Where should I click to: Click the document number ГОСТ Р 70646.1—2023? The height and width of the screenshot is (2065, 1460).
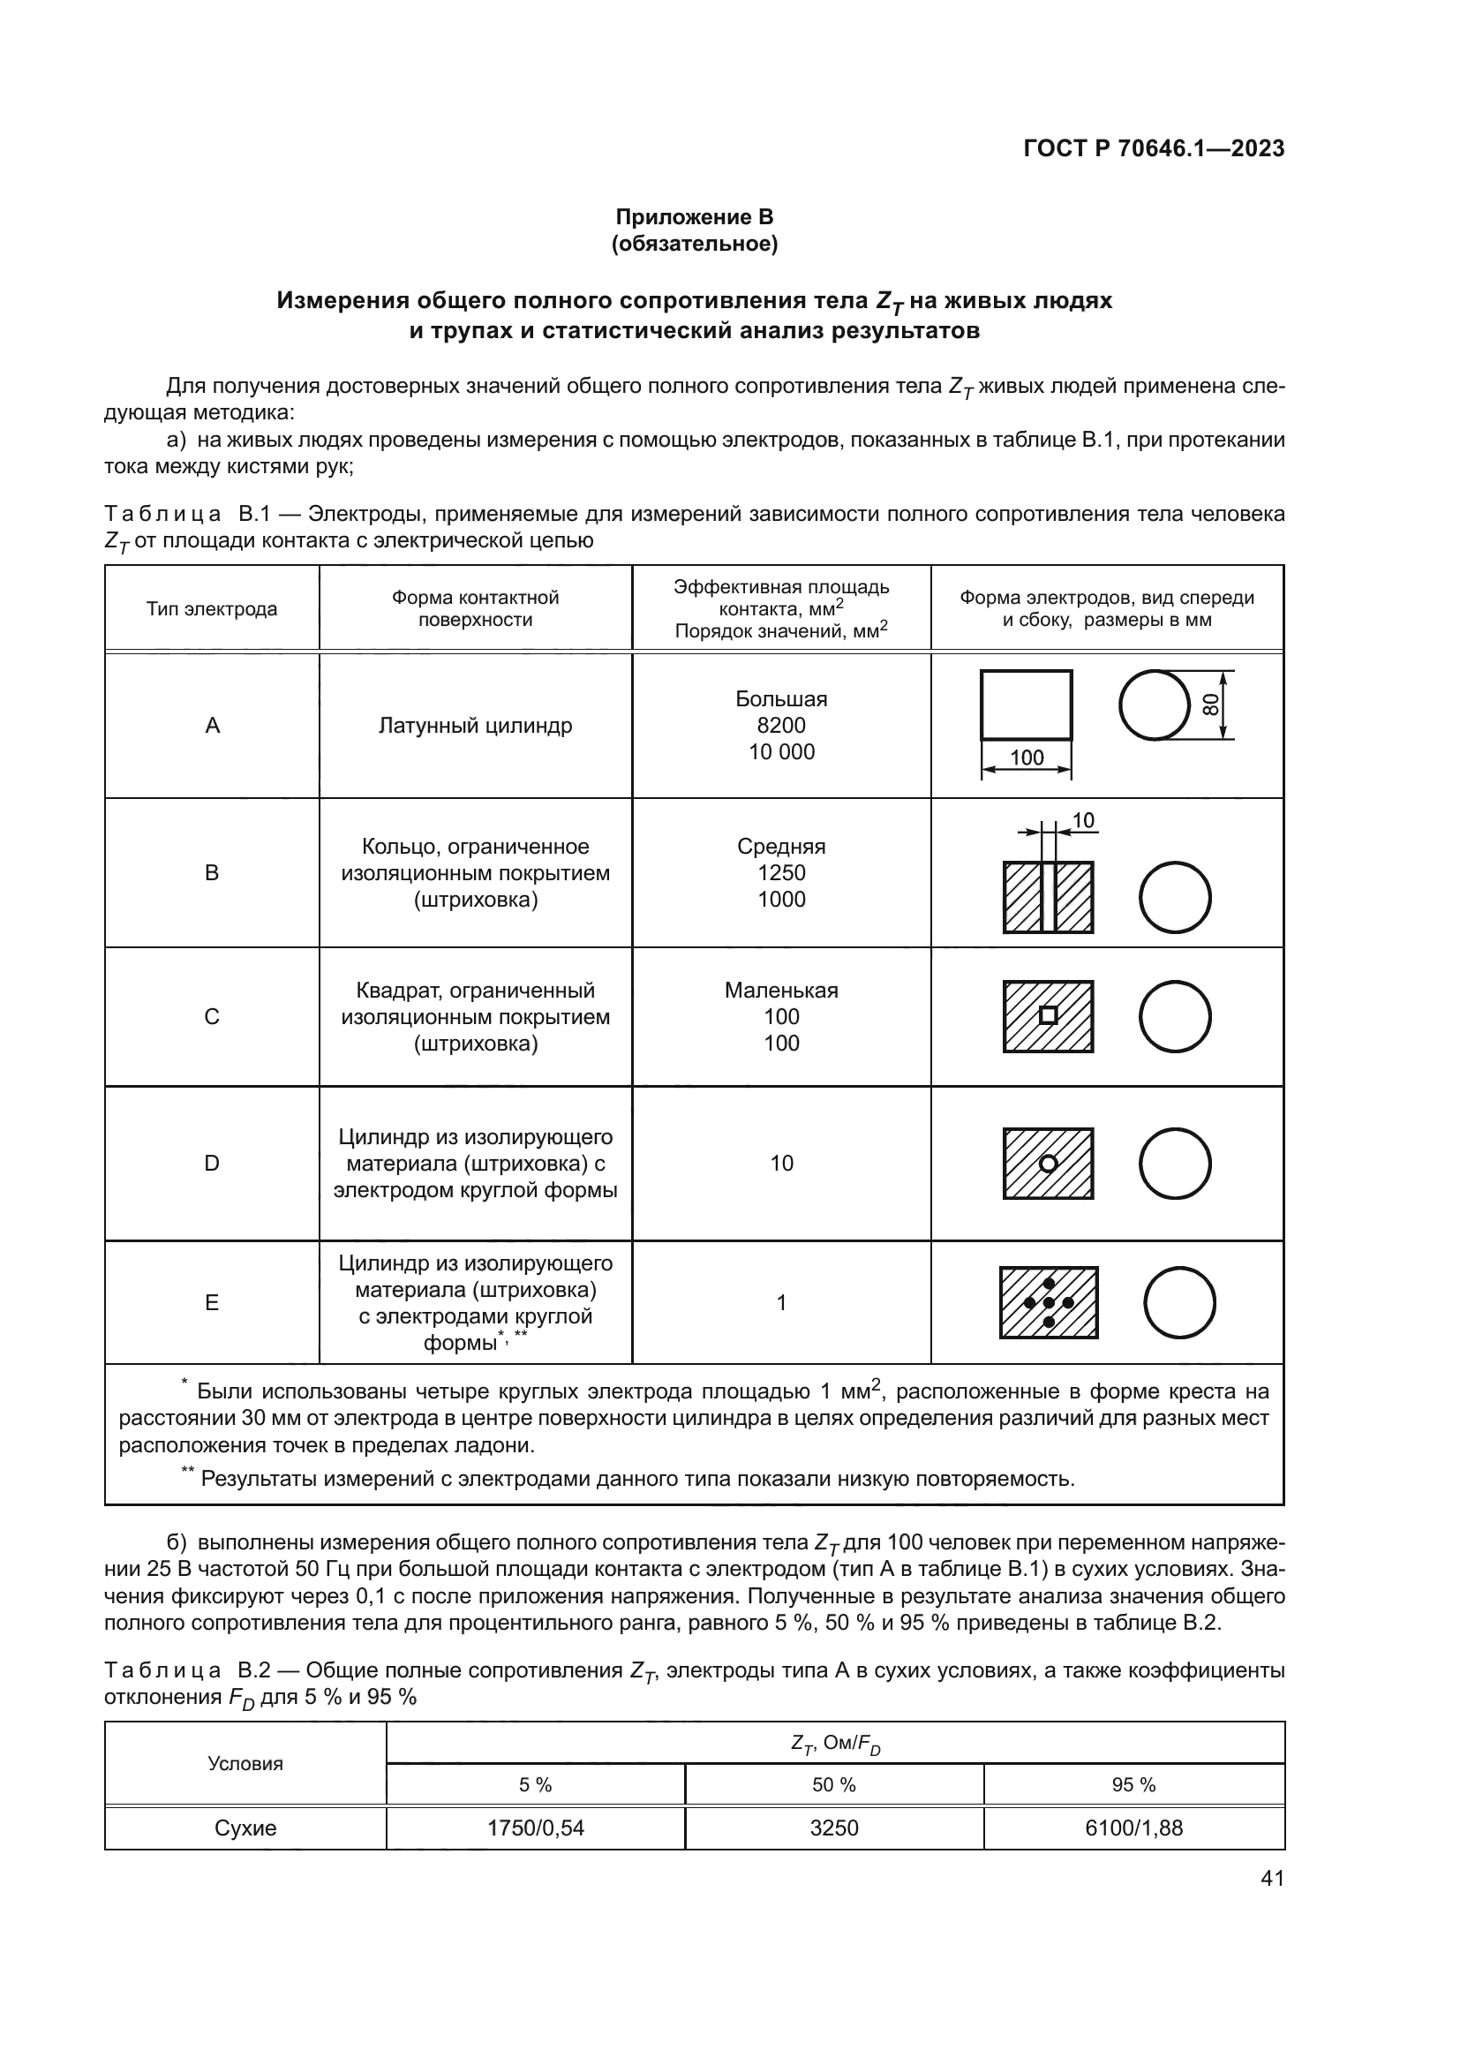(1154, 148)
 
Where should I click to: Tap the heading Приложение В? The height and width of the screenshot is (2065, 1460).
(694, 217)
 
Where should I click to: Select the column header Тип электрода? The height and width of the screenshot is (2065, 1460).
(211, 609)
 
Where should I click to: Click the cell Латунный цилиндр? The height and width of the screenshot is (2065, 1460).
(475, 725)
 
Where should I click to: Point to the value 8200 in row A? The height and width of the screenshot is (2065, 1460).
(780, 725)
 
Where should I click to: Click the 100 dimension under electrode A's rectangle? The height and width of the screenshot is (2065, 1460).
(1026, 757)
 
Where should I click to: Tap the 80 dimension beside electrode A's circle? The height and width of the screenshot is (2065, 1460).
(1211, 705)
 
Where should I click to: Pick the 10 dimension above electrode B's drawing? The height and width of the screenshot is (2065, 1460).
(1083, 820)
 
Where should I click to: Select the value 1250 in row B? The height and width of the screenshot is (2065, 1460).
(780, 872)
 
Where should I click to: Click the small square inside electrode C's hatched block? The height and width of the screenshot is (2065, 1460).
(1049, 1015)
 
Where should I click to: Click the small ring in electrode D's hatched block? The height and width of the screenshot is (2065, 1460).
(1049, 1163)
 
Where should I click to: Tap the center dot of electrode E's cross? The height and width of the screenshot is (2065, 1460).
(1049, 1302)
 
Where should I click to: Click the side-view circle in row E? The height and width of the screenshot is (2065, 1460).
(1179, 1302)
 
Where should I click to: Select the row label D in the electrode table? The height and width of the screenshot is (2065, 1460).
(211, 1163)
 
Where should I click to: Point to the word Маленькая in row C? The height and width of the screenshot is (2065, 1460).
(780, 991)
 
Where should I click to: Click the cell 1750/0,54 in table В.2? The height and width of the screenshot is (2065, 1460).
(535, 1828)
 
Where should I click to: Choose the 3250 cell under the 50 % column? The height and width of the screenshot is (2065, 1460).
(833, 1828)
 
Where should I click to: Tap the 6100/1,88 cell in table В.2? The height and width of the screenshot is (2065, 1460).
(1133, 1828)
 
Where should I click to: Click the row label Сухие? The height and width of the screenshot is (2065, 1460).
(245, 1828)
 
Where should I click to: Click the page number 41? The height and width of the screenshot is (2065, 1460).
(1272, 1878)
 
